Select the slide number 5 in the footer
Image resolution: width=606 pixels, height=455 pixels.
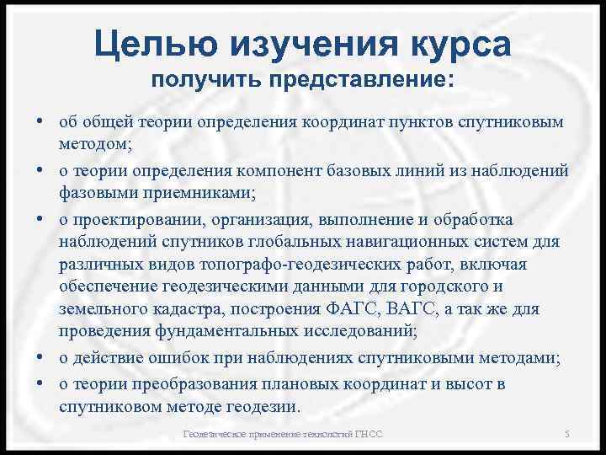567,434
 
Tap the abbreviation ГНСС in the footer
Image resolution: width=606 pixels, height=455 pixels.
368,434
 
